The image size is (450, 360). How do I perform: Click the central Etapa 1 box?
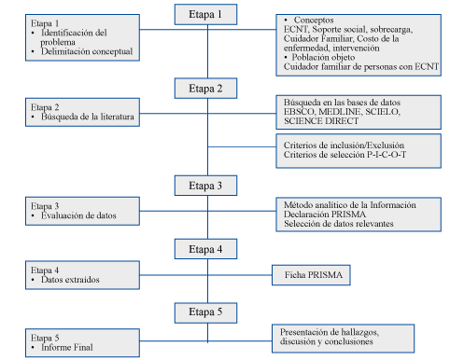point(205,14)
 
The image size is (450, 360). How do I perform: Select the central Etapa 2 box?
point(205,89)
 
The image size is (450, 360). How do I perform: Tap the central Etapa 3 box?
point(205,186)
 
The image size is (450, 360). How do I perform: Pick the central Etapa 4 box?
point(205,249)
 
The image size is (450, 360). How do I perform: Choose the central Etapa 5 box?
point(205,312)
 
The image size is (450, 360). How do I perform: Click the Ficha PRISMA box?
point(311,275)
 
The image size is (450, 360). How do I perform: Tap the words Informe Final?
point(67,347)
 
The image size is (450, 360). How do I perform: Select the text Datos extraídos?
point(70,280)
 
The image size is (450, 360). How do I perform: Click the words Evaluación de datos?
point(78,215)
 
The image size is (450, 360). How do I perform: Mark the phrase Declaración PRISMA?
point(325,215)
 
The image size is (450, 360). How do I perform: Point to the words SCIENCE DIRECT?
point(321,121)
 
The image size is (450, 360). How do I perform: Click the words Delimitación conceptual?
point(87,51)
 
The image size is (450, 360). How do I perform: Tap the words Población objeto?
point(323,57)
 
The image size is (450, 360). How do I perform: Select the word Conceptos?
point(314,20)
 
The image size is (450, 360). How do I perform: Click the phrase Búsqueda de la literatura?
point(88,117)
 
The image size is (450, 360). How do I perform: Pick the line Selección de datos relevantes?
point(339,224)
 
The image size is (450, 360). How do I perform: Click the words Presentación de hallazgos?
point(330,332)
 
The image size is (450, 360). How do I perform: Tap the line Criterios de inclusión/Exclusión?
point(344,145)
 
